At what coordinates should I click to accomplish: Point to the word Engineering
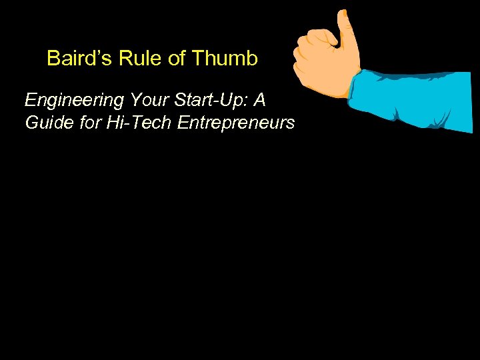[x=74, y=101]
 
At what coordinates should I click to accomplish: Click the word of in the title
[x=177, y=59]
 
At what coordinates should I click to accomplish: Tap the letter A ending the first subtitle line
[x=259, y=101]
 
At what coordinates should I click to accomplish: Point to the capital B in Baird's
[x=53, y=59]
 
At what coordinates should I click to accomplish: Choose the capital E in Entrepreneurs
[x=183, y=123]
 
